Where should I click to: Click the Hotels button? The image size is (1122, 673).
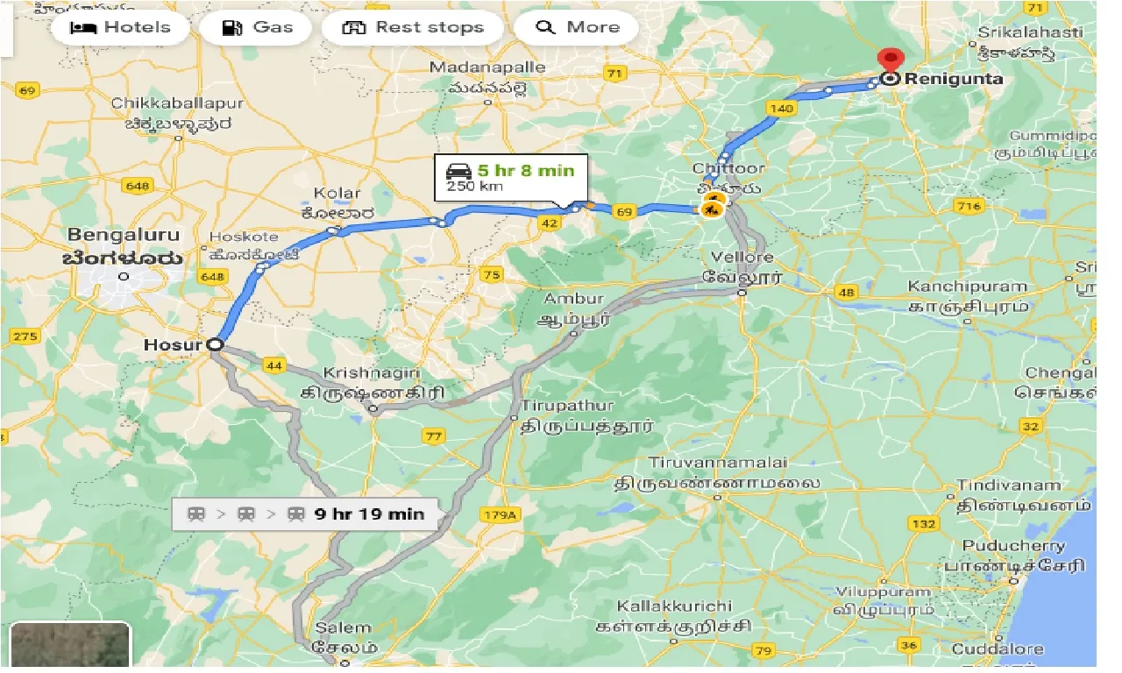pyautogui.click(x=120, y=27)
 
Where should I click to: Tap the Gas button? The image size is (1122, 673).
pyautogui.click(x=258, y=27)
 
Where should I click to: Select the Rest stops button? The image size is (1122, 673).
pyautogui.click(x=412, y=27)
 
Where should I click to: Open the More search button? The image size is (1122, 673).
pyautogui.click(x=576, y=27)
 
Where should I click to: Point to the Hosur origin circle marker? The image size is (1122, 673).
pyautogui.click(x=215, y=345)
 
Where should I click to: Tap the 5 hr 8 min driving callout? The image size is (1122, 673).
pyautogui.click(x=513, y=176)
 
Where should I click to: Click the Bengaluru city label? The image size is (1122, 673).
pyautogui.click(x=124, y=235)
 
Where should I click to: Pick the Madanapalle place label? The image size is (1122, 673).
pyautogui.click(x=486, y=67)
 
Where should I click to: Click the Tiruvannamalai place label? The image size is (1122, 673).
pyautogui.click(x=718, y=462)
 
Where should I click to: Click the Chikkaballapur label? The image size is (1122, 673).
pyautogui.click(x=177, y=103)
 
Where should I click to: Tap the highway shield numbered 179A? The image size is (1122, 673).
pyautogui.click(x=499, y=514)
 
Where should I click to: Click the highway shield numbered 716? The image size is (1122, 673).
pyautogui.click(x=969, y=207)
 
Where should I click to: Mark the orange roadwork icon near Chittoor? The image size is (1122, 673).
pyautogui.click(x=712, y=209)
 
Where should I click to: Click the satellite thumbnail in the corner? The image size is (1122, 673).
pyautogui.click(x=70, y=646)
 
